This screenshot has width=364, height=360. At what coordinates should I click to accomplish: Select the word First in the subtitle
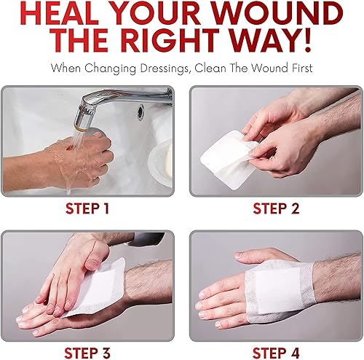pyautogui.click(x=297, y=69)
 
